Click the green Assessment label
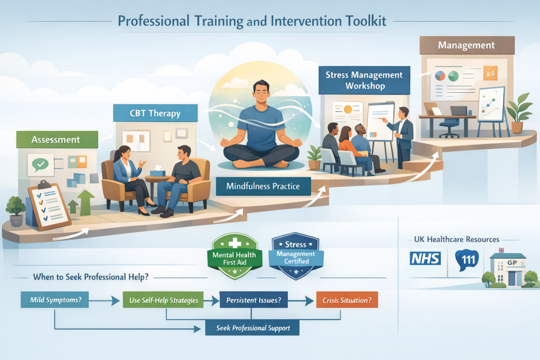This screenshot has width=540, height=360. [x=57, y=139]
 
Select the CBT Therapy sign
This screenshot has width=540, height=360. [x=156, y=113]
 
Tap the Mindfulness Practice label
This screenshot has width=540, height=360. [x=263, y=186]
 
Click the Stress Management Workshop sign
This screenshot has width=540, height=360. [x=364, y=80]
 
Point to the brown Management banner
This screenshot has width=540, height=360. [x=467, y=45]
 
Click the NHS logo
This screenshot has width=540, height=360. [x=426, y=258]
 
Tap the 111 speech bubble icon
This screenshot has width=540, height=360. [x=467, y=260]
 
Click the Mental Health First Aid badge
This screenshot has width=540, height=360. [x=235, y=256]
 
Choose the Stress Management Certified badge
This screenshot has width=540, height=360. [x=296, y=256]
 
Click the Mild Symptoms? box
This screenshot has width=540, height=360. [x=55, y=300]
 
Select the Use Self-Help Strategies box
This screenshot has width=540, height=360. [x=163, y=300]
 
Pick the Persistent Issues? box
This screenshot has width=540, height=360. [x=254, y=300]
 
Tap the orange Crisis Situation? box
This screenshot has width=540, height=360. [x=347, y=300]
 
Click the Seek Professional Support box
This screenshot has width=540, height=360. [x=253, y=328]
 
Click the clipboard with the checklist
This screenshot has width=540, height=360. [x=49, y=206]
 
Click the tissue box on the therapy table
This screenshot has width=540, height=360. [x=158, y=171]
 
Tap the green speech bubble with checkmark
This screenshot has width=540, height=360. [x=41, y=164]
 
